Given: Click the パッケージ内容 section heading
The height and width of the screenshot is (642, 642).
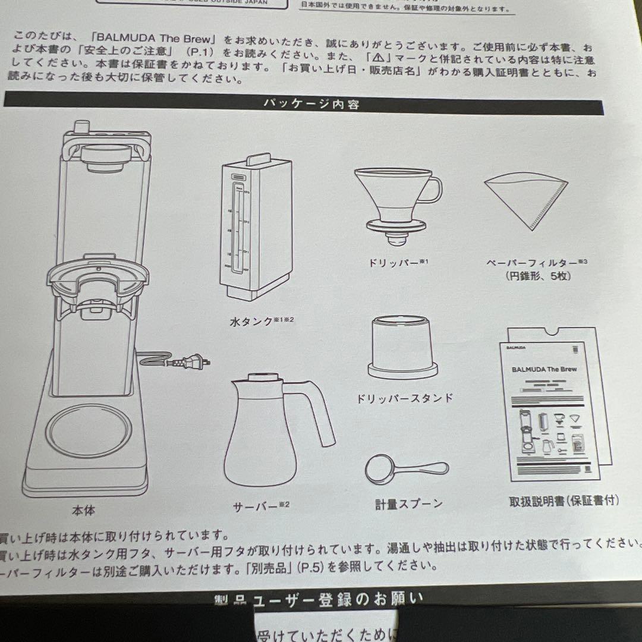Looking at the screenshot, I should point(311,105).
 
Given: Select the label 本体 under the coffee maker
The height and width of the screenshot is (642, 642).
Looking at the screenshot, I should point(83,509).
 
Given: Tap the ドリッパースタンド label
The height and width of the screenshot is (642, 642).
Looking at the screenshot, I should point(404,398).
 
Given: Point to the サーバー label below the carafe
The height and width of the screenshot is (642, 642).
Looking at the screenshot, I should point(256,507).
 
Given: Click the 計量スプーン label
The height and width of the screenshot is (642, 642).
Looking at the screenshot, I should point(408,504).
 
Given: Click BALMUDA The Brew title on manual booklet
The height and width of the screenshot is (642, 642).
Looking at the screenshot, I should point(544,369).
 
